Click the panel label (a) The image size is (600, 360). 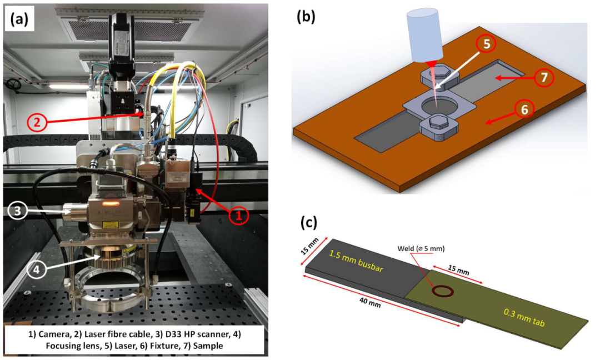(x=19, y=19)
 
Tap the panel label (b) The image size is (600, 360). (x=306, y=17)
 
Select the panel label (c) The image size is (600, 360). (x=308, y=222)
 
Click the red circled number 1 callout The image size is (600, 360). (x=239, y=216)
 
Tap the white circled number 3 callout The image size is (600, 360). (x=18, y=211)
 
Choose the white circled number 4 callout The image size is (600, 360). (x=36, y=269)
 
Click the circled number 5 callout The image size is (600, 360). (x=487, y=44)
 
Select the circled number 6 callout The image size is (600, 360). (x=524, y=110)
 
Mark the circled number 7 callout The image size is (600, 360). (x=544, y=78)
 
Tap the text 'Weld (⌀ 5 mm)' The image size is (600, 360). (x=421, y=249)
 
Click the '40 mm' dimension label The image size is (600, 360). (x=369, y=302)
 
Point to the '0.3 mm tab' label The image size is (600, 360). (x=524, y=318)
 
